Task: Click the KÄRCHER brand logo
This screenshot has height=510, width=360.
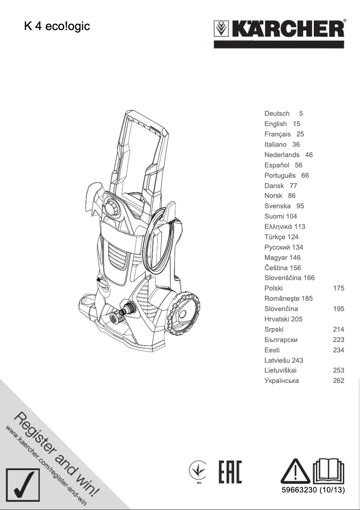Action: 279,31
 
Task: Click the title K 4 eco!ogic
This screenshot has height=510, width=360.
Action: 57,26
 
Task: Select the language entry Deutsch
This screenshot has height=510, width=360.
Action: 277,114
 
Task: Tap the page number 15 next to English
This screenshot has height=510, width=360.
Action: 296,124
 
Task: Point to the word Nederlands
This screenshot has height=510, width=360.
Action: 282,155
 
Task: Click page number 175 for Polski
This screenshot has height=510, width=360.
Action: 338,288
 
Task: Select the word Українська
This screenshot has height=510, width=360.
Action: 281,381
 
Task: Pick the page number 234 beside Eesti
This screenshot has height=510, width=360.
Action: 338,350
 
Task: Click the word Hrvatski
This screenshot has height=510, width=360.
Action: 277,319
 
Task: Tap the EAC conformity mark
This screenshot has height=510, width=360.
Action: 230,472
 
